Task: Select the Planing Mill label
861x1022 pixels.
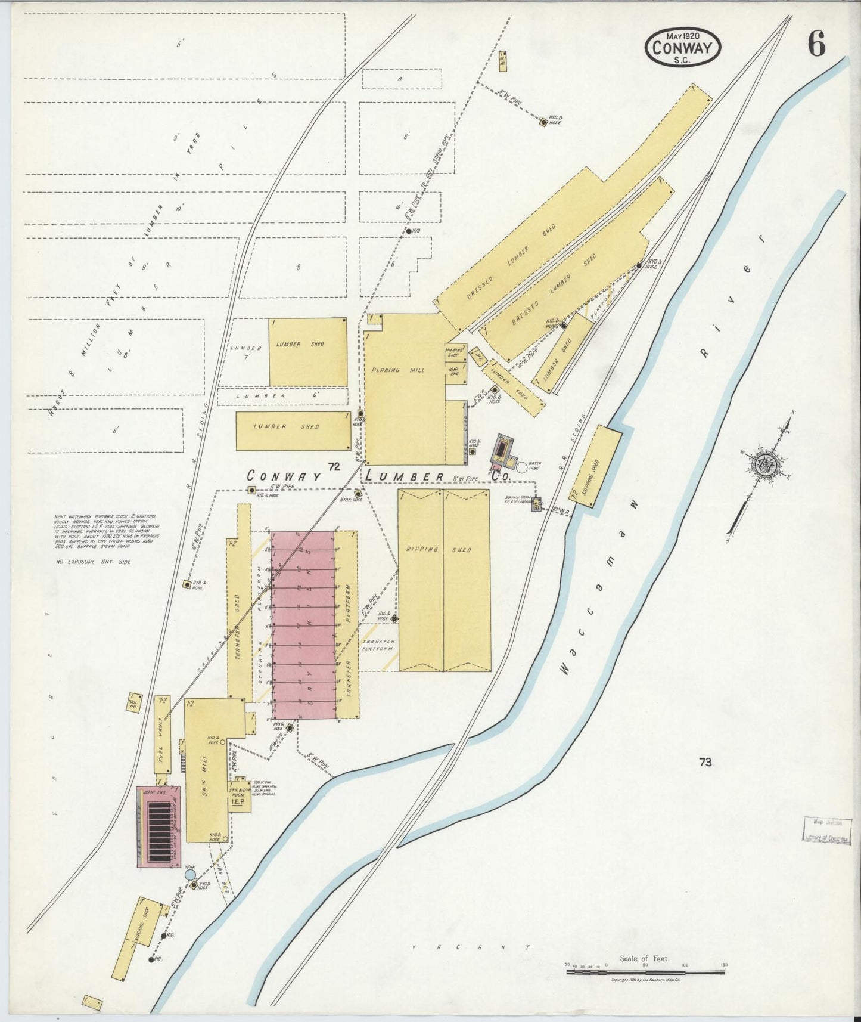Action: [406, 370]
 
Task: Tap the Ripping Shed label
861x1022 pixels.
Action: [443, 550]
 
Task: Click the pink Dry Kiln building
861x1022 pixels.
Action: [302, 624]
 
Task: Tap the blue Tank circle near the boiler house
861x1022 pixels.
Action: [190, 874]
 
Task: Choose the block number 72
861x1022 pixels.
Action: [333, 467]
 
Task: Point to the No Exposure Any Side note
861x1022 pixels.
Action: [94, 562]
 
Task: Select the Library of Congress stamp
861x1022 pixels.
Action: [825, 830]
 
